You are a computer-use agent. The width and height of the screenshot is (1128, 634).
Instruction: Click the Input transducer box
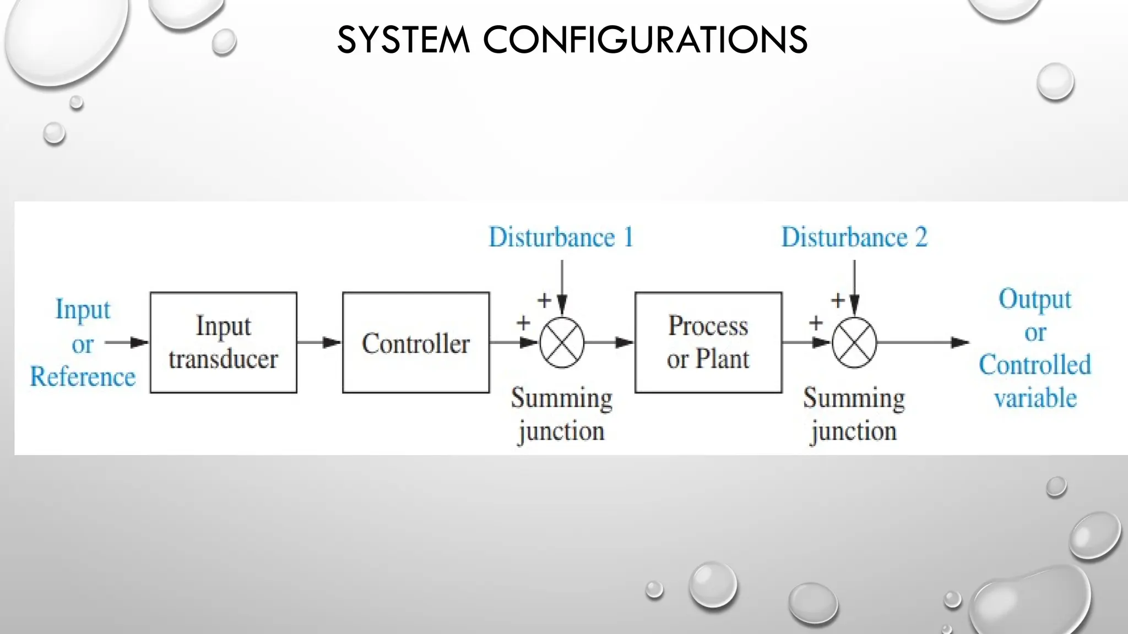[x=223, y=342]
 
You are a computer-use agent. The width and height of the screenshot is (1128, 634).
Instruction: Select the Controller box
[x=415, y=342]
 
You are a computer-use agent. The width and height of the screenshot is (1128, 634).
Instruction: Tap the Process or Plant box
[x=708, y=342]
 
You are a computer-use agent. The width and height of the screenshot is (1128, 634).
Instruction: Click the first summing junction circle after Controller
[x=561, y=342]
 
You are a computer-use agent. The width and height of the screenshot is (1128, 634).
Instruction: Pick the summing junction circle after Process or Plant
[x=854, y=342]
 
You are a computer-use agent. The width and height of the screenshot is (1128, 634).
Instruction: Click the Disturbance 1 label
[x=561, y=238]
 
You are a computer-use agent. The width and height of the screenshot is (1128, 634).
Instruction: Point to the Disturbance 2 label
[x=854, y=238]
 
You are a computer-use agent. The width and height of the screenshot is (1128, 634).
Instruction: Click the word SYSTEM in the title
[x=403, y=40]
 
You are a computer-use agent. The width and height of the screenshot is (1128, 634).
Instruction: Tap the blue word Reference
[x=83, y=377]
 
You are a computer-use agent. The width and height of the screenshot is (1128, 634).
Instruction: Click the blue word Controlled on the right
[x=1034, y=365]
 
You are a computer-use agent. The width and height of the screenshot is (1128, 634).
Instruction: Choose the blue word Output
[x=1034, y=300]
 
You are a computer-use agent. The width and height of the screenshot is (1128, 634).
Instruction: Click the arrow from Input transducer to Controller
[x=319, y=342]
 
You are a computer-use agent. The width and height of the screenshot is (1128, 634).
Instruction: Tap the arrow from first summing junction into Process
[x=609, y=342]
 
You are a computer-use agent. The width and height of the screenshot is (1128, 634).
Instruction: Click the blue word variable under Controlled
[x=1035, y=398]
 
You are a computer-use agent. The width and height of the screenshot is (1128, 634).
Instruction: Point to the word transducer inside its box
[x=223, y=359]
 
